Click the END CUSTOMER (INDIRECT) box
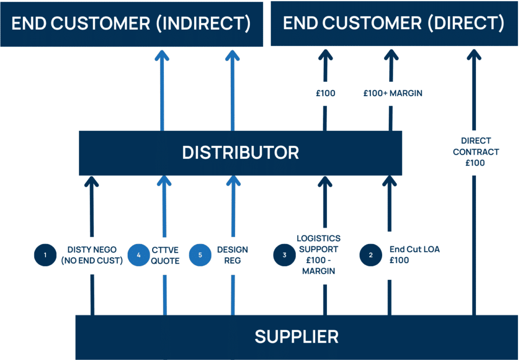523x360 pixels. [x=131, y=24]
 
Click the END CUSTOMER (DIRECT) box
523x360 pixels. [x=394, y=24]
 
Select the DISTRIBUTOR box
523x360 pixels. [x=240, y=153]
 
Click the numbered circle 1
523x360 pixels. [x=45, y=255]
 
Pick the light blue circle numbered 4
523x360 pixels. [x=138, y=255]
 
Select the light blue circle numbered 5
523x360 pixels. [x=200, y=255]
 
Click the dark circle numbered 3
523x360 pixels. [x=284, y=255]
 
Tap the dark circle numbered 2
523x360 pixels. [x=370, y=255]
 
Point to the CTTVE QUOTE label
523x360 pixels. [x=165, y=255]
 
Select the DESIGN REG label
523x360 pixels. [x=232, y=255]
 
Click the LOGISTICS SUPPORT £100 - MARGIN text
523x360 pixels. [x=319, y=254]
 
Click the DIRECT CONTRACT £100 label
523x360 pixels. [x=476, y=152]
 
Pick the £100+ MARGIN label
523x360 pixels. [x=393, y=93]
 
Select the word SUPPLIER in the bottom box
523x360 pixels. [x=296, y=337]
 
